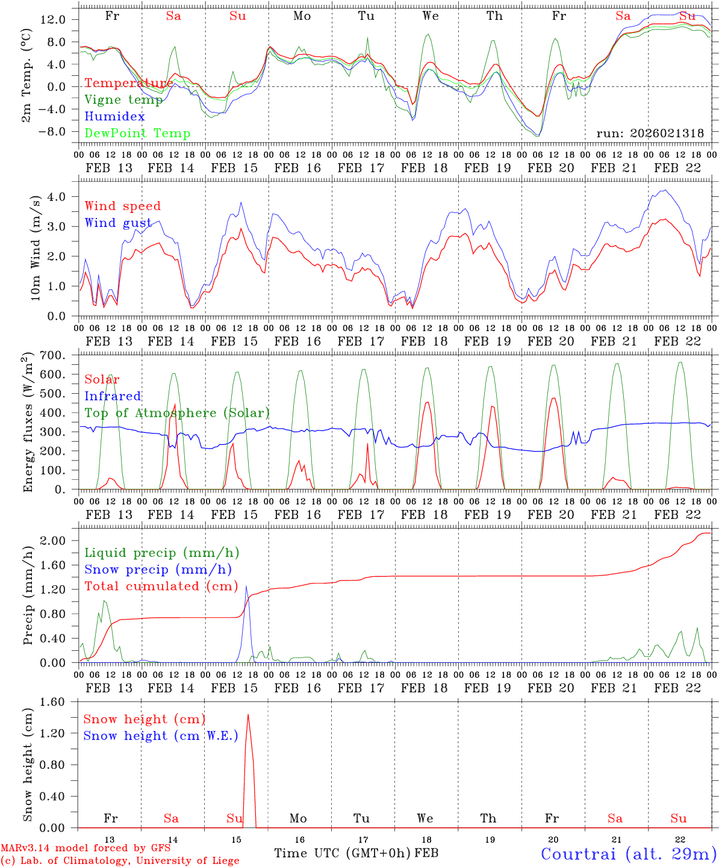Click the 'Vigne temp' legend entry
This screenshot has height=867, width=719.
coord(123,100)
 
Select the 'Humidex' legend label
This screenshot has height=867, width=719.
coord(114,117)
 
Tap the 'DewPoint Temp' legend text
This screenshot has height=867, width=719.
coord(137,134)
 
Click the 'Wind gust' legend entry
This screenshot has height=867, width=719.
coord(118,223)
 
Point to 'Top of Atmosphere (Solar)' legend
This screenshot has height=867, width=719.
coord(177,413)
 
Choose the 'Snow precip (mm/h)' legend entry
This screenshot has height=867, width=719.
coord(158,570)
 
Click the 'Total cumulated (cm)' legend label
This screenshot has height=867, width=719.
coord(161,586)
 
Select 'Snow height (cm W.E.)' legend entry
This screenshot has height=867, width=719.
coord(161,736)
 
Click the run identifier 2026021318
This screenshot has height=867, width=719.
coord(650,133)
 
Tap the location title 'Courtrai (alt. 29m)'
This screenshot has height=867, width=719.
coord(628,854)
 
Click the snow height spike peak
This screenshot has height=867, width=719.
coord(248,715)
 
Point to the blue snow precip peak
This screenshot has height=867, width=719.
coord(246,586)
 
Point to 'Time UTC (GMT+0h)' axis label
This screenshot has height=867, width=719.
coord(342,853)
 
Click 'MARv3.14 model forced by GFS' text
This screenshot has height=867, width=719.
coord(86,848)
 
